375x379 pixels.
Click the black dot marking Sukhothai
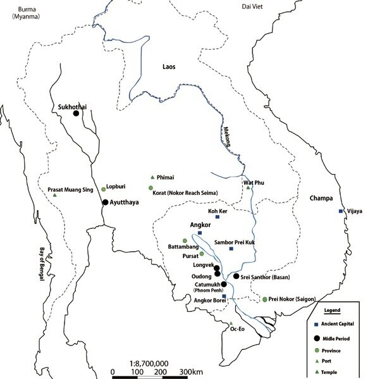[76, 113]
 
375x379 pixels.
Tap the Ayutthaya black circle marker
[105, 202]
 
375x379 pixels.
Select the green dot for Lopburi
[104, 189]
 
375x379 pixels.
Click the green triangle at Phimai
[152, 177]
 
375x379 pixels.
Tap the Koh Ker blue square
[218, 217]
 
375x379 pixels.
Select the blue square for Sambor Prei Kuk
[231, 249]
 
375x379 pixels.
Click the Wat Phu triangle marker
[249, 187]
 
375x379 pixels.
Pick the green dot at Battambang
[185, 240]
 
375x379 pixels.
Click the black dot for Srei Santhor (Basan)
[236, 276]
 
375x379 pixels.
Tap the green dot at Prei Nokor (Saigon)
[265, 299]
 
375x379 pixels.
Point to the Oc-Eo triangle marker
[231, 323]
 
